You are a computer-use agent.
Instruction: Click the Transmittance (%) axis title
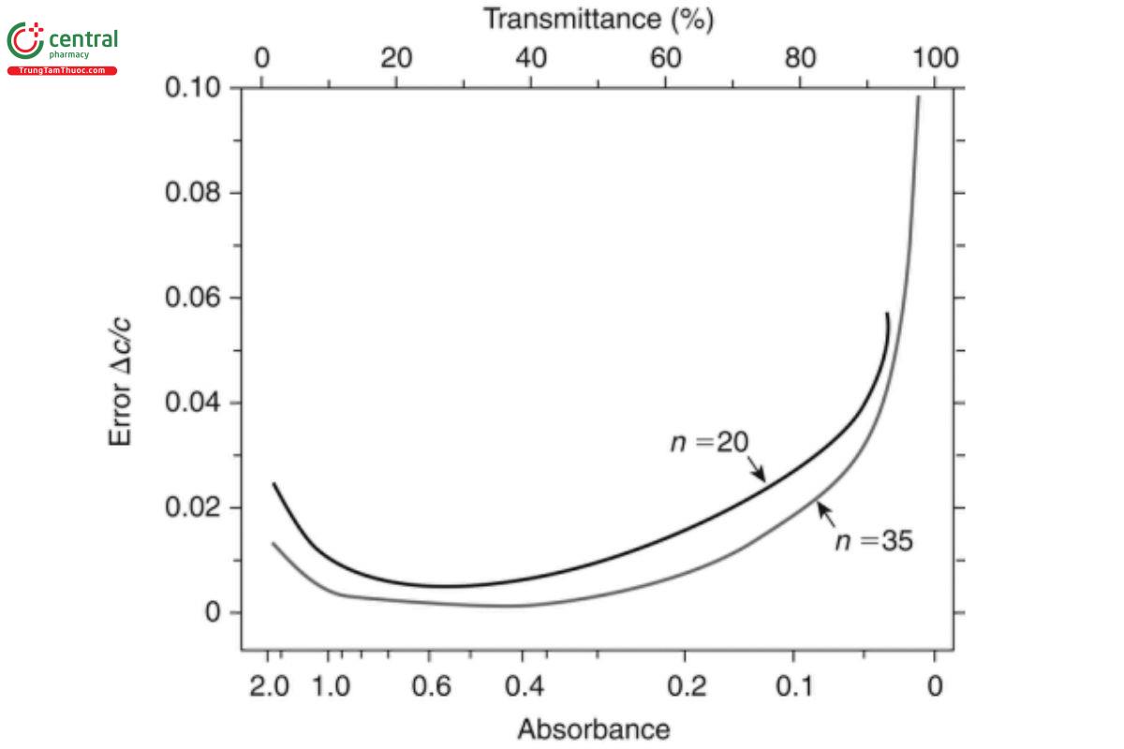tap(599, 20)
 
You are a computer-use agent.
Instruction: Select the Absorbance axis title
tap(593, 729)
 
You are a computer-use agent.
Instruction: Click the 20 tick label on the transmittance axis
tap(396, 58)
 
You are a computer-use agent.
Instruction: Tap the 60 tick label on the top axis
tap(665, 58)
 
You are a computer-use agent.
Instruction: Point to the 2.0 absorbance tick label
tap(269, 686)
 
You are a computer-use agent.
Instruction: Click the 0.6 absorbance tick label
tap(430, 686)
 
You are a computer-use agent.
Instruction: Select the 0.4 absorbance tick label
tap(524, 686)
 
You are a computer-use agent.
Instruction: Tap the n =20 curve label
tap(709, 441)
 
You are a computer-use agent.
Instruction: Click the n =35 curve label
tap(873, 540)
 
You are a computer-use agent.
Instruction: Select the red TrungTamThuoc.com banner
tap(63, 71)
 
